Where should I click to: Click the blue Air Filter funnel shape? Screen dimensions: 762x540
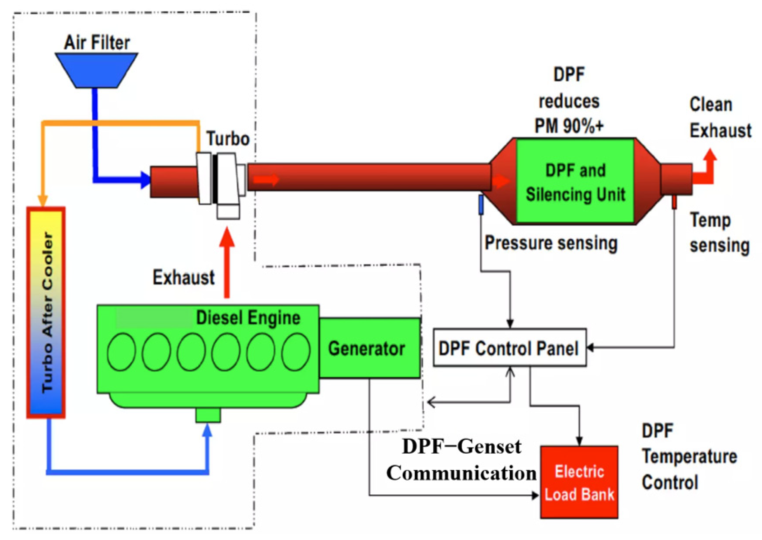click(x=97, y=70)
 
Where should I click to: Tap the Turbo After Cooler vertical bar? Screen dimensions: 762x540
click(x=46, y=313)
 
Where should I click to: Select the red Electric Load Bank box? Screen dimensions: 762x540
click(x=579, y=482)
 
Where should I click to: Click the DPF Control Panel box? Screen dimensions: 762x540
click(x=510, y=348)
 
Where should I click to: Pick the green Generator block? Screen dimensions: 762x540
click(x=369, y=348)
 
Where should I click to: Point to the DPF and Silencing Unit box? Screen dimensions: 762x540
click(x=575, y=181)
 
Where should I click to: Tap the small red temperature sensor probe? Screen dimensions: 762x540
click(x=674, y=202)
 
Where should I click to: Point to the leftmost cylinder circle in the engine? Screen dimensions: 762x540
click(x=121, y=352)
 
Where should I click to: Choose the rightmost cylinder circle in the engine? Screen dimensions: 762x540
click(x=296, y=352)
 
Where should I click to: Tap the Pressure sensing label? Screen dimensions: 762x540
click(x=551, y=243)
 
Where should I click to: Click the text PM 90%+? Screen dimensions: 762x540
click(x=569, y=126)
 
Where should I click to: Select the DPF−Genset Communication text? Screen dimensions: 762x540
click(x=461, y=460)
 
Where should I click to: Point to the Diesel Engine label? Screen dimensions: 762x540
click(x=248, y=318)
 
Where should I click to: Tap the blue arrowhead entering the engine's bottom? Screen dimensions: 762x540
click(x=208, y=430)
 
